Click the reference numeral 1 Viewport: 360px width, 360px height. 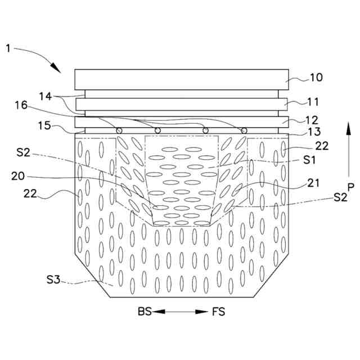8,48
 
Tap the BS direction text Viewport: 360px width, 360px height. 145,311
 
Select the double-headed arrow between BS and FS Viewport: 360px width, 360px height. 181,311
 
